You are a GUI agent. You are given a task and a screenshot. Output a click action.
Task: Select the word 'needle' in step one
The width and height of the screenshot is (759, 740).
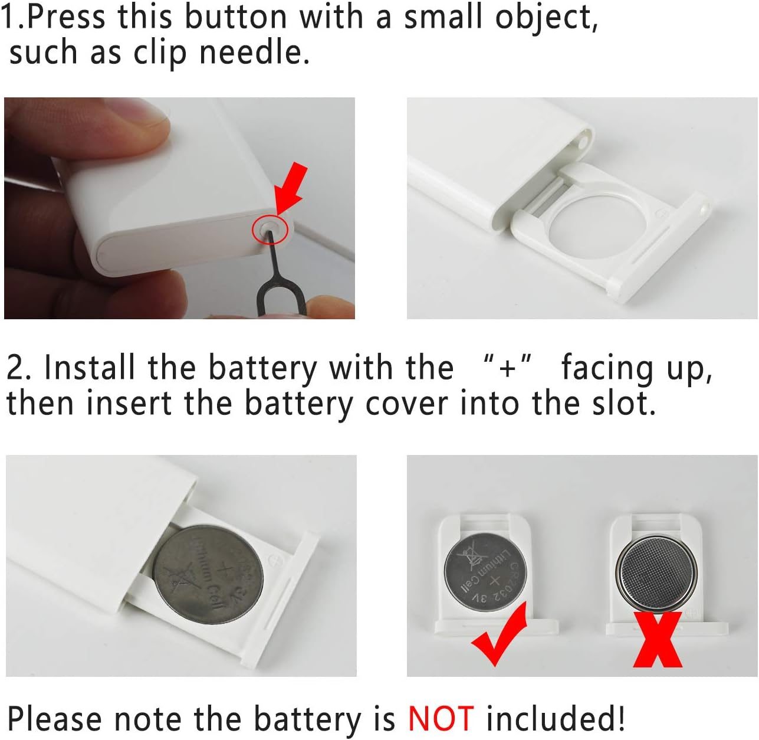pyautogui.click(x=254, y=52)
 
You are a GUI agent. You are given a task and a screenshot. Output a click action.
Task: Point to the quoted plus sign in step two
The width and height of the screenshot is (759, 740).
pyautogui.click(x=507, y=367)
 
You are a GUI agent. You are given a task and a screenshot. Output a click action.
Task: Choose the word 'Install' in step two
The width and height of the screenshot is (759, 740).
pyautogui.click(x=90, y=367)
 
